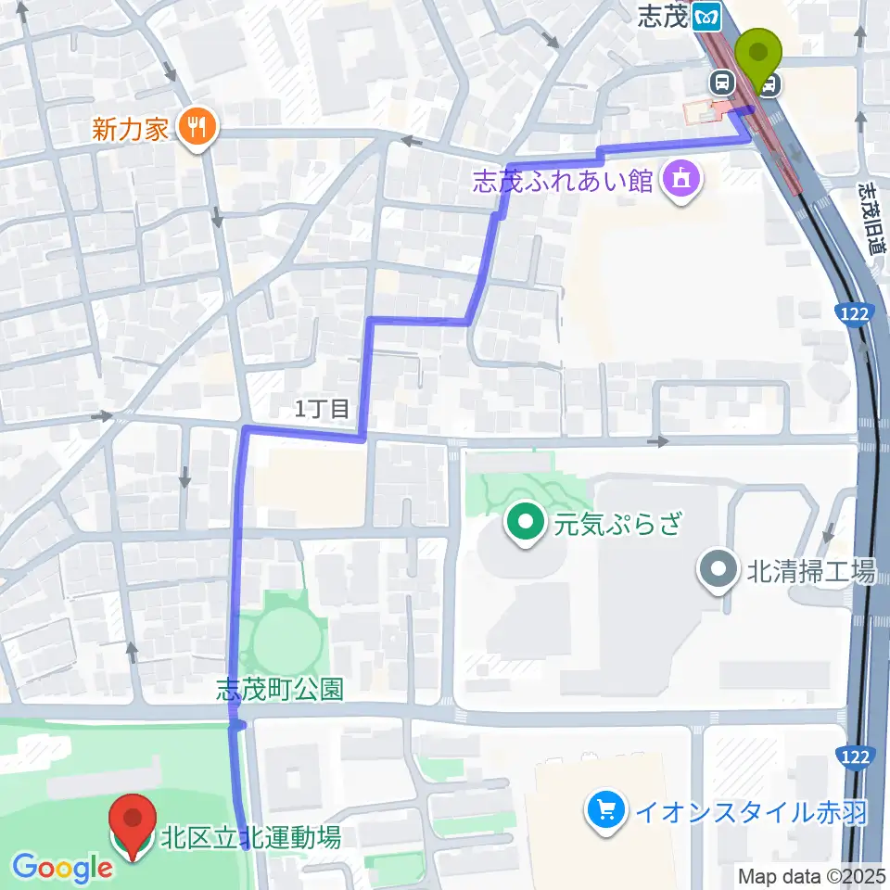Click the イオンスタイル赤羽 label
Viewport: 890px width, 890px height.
[x=751, y=813]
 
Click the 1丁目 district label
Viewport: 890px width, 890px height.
[x=323, y=408]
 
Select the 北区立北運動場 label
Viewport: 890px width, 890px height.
[x=250, y=839]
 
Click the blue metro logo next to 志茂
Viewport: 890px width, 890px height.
[x=710, y=16]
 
